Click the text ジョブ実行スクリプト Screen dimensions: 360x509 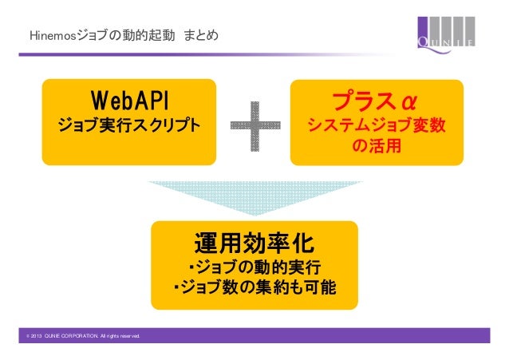[128, 126]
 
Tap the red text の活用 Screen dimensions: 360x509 [377, 148]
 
